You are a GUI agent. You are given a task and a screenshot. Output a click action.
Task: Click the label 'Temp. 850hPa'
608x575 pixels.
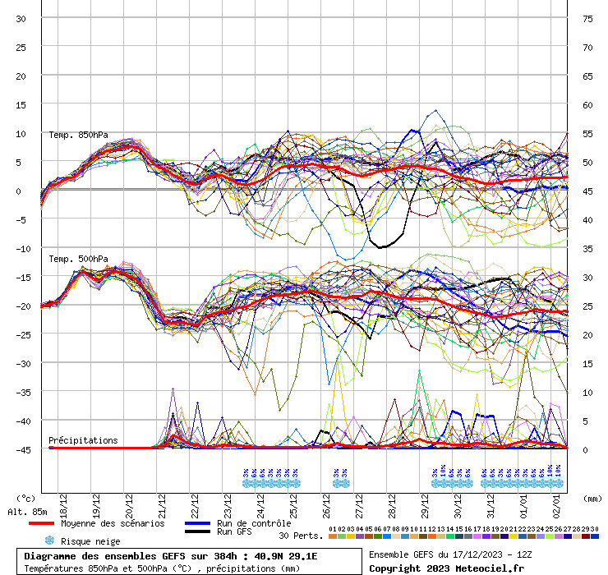(x=78, y=135)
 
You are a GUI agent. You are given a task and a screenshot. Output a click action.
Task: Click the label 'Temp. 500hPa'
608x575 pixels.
(x=78, y=259)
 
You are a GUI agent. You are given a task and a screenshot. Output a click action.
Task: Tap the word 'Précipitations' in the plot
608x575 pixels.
(x=83, y=440)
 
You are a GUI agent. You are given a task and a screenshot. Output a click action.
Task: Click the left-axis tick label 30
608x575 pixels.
(x=21, y=18)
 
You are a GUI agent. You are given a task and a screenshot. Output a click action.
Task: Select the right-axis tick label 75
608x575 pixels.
(x=587, y=18)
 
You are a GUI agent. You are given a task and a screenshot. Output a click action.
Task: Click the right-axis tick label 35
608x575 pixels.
(x=587, y=248)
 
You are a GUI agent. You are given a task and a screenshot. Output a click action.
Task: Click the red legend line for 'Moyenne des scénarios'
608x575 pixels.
(x=41, y=523)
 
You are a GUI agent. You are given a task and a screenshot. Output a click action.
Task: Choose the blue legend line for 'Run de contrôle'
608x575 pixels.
(x=197, y=523)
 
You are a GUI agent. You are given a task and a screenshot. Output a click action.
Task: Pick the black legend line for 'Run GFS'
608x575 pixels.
(x=197, y=531)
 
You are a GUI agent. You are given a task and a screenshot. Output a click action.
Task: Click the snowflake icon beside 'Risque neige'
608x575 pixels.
(x=49, y=540)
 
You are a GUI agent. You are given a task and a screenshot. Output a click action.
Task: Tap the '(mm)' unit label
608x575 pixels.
(x=592, y=498)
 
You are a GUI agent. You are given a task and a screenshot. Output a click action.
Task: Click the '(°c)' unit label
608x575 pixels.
(x=25, y=498)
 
